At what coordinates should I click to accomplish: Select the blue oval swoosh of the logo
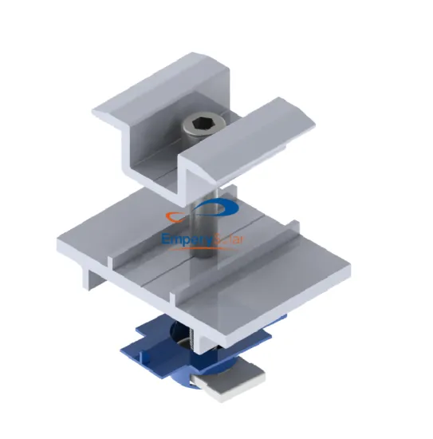(x=223, y=211)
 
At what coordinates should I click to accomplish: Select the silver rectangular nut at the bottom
(x=218, y=386)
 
